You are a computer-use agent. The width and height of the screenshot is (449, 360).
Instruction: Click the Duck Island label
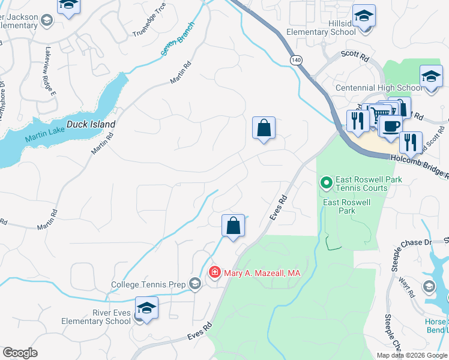coord(90,125)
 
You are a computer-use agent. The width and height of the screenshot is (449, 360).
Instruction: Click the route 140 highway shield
coord(295,60)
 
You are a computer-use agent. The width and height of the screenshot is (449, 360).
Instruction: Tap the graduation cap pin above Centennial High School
coord(430,77)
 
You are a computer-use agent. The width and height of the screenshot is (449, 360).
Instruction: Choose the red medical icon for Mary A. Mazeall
coord(214,273)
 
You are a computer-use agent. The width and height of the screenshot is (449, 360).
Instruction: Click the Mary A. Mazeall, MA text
coord(262,273)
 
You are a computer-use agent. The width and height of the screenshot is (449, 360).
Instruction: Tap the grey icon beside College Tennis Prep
coord(195,284)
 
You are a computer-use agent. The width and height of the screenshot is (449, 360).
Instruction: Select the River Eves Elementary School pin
coord(146,309)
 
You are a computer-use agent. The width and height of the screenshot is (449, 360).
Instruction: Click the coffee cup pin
coord(391,127)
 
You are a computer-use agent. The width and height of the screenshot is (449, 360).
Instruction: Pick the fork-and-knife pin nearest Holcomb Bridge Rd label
coord(411,142)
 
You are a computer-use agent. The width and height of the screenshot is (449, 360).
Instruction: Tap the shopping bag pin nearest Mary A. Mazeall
coord(233,227)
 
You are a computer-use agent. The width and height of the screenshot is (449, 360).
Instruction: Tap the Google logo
coord(20,353)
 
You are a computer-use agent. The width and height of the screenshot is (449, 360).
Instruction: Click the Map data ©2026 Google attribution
coord(411,355)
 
